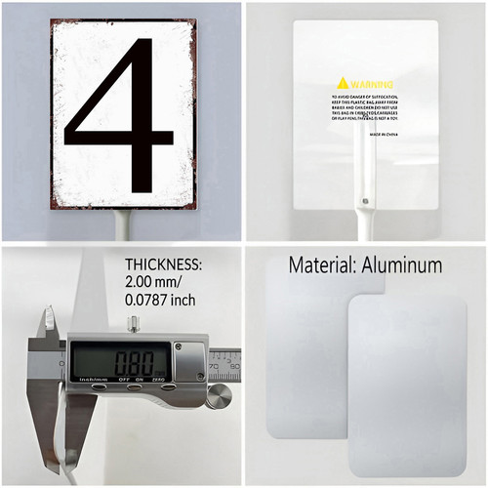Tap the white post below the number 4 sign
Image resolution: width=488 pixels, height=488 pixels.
(x=123, y=225)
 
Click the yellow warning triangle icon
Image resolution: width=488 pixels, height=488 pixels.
(x=343, y=83)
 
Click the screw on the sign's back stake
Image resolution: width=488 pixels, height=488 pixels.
(x=366, y=204)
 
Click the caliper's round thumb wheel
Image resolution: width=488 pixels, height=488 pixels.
(x=219, y=395)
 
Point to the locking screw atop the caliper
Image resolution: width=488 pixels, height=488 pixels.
(x=132, y=323)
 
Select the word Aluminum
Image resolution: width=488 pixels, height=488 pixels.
(x=401, y=264)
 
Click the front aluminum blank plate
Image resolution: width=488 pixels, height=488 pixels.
(x=407, y=386)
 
